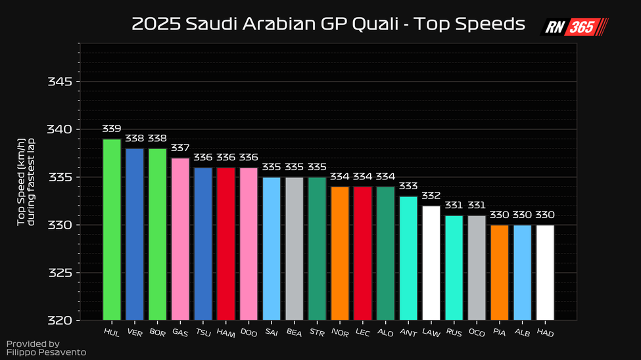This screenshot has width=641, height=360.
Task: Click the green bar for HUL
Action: (112, 230)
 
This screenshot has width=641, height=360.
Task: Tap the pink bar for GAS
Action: (180, 239)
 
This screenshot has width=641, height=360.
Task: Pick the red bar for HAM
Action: (226, 244)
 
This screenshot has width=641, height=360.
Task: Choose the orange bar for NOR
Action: (340, 254)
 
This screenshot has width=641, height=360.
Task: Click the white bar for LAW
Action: (431, 263)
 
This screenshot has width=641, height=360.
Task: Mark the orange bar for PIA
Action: (500, 273)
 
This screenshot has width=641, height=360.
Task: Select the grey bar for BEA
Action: (295, 249)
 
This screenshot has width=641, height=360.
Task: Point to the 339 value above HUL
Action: (112, 129)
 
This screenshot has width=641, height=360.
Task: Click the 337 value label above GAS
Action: (180, 148)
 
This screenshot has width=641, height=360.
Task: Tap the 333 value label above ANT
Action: (408, 186)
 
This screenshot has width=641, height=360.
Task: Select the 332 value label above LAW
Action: (431, 196)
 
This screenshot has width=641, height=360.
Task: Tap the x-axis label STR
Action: (316, 333)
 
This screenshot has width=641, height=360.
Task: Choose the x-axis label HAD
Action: (544, 333)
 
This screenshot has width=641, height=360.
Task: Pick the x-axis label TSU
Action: (202, 333)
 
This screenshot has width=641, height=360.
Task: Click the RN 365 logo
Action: (575, 27)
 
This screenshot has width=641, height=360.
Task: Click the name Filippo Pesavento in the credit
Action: (46, 353)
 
